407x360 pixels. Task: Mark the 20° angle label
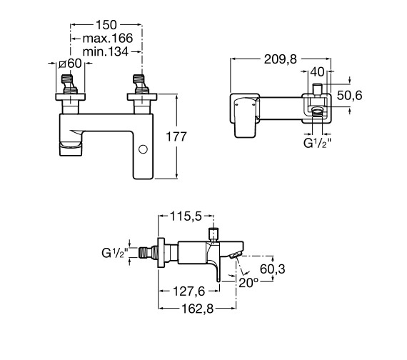[x=248, y=284]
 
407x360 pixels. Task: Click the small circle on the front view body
[x=143, y=149]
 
